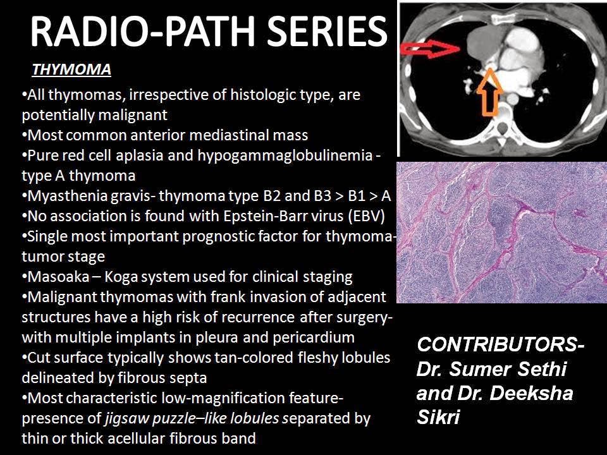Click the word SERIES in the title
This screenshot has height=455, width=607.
pyautogui.click(x=320, y=32)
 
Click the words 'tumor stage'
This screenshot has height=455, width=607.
pyautogui.click(x=63, y=257)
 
